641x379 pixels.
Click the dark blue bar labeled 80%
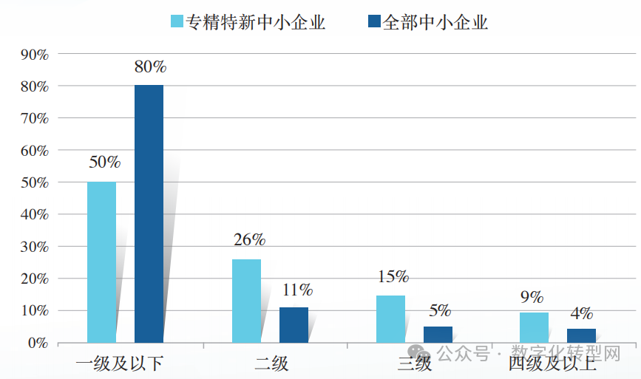149,214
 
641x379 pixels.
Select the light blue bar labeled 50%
101,262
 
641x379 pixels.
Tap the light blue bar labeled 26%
246,301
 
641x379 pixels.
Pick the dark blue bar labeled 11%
294,325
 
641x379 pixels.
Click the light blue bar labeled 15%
390,319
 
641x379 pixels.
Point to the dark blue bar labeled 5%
438,335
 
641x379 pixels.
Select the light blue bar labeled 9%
534,328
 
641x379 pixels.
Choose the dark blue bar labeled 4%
581,335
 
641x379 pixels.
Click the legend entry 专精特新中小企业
247,23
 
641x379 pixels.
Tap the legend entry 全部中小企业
427,23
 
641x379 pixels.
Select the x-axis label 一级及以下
120,363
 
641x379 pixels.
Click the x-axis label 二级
271,363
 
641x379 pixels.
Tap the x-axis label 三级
415,363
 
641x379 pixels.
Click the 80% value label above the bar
150,66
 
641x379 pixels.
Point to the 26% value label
249,240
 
